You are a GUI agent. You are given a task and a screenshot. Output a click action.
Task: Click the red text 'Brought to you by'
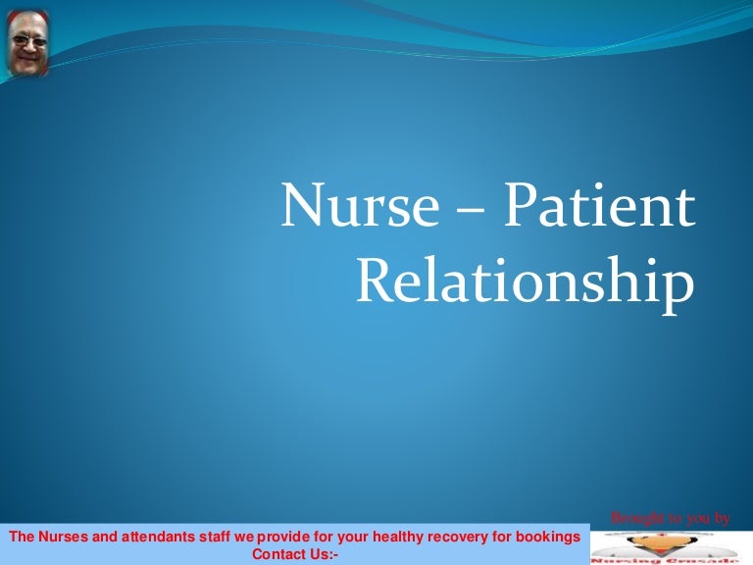[670, 518]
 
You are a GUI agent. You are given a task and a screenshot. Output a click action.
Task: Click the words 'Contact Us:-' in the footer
[295, 554]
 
